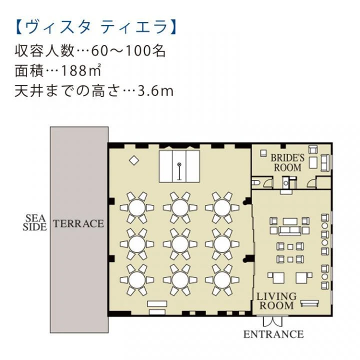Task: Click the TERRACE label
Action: coord(78,223)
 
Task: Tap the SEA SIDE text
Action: coord(34,222)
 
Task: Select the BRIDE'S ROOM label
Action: coord(287,162)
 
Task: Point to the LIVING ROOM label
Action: coord(276,301)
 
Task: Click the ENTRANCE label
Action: coord(273,334)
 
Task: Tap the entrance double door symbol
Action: coord(272,321)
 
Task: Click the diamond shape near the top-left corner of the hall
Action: coord(134,160)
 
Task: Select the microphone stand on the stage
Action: coord(179,171)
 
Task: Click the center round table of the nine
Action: coord(180,244)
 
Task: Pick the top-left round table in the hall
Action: coord(137,207)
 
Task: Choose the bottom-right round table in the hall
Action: coord(222,280)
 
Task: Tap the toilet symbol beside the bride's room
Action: coord(255,183)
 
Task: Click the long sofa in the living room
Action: coord(289,230)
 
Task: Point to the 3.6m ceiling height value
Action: coord(155,91)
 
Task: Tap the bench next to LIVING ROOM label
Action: coord(309,303)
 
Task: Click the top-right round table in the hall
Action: coord(222,207)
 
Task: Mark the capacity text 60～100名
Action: coord(128,50)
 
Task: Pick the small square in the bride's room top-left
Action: coord(263,153)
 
